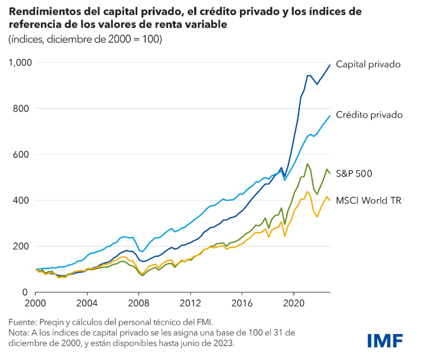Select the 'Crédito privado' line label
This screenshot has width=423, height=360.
(x=369, y=115)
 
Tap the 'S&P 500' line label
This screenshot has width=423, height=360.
(x=354, y=173)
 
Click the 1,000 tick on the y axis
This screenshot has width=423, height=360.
(x=20, y=63)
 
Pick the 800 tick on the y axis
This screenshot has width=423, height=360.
(x=22, y=108)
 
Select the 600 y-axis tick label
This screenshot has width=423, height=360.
(x=22, y=155)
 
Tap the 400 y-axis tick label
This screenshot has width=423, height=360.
(x=22, y=200)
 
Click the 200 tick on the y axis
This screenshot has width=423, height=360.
(x=22, y=246)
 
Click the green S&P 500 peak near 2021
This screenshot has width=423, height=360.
(x=308, y=164)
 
